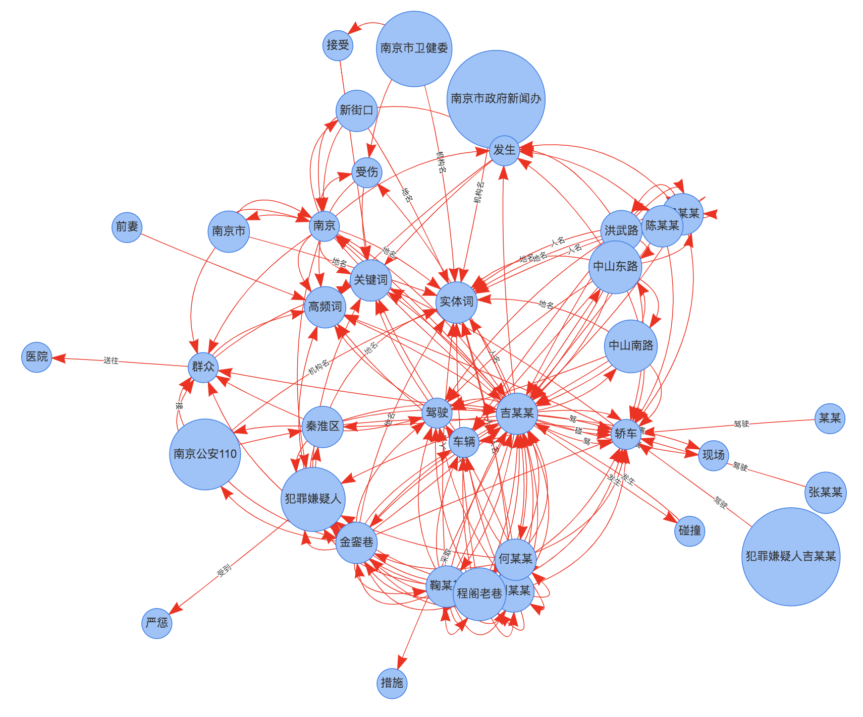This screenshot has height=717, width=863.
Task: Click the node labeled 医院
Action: (37, 357)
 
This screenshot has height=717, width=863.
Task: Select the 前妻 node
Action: (127, 227)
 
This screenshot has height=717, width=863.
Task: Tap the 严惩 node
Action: (156, 623)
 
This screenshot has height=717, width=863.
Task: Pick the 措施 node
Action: (392, 683)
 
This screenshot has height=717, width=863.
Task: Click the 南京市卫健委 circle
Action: (414, 48)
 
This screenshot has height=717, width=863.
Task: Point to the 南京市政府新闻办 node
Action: (496, 99)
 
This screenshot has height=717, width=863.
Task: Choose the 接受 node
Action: (338, 45)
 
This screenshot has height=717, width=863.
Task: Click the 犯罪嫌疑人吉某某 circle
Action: (790, 556)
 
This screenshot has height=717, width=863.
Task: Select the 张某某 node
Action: (825, 492)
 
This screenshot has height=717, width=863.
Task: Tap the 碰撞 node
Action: (689, 530)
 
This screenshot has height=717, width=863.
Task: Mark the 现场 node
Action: (713, 455)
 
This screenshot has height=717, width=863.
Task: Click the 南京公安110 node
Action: (205, 454)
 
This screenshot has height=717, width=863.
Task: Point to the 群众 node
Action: (203, 367)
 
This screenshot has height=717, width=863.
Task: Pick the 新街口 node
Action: (356, 110)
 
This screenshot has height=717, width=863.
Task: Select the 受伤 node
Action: (366, 172)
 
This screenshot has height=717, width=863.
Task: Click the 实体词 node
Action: (456, 302)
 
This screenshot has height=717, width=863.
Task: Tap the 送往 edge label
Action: (111, 361)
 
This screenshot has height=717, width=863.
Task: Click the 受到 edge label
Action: (224, 570)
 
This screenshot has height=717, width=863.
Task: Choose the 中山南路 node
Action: (630, 346)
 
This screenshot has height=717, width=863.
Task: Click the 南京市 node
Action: (228, 231)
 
